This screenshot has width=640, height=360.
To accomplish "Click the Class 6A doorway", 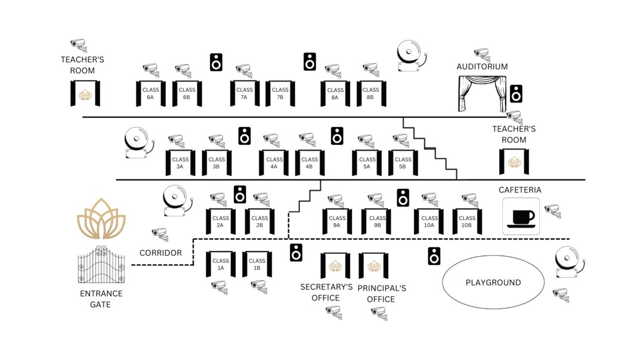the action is [151, 94].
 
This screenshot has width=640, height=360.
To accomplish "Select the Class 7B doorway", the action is [280, 94].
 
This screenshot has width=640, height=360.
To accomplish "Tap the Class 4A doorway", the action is [274, 163].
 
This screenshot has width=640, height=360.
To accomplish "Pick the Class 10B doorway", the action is [468, 221].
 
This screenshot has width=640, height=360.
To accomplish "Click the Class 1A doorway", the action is [221, 264].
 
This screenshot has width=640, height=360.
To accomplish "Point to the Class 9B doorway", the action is [376, 221].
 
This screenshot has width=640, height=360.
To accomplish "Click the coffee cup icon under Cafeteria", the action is [521, 216].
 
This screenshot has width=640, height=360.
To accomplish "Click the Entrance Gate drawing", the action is [101, 264].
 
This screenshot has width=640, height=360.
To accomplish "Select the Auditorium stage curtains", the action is [482, 94].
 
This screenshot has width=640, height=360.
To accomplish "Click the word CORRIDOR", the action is [161, 253].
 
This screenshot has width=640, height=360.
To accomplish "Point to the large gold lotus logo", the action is [101, 219].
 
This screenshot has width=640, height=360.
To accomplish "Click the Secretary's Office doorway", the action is [335, 265].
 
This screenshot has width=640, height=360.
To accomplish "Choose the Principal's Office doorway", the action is [373, 265].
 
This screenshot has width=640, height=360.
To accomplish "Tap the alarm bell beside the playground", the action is [570, 262].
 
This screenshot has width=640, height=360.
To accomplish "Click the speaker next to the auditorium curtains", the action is [517, 94].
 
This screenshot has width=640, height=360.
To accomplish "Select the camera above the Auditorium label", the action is [482, 55].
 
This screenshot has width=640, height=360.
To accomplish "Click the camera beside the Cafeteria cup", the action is [553, 211].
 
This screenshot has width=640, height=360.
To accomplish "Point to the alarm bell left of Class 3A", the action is [139, 142].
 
